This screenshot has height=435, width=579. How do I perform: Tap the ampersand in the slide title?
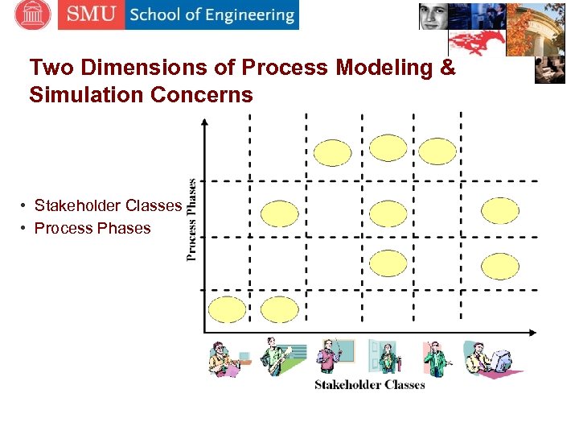click(447, 68)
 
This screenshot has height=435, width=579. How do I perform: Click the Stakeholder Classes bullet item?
click(108, 205)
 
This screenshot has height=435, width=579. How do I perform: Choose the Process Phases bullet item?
click(92, 228)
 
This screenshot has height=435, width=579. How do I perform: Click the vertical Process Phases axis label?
click(192, 219)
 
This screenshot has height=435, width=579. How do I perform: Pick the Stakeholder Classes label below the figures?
click(369, 385)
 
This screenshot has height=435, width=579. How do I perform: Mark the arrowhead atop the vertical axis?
click(204, 122)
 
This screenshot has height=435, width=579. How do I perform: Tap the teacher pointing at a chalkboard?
click(334, 357)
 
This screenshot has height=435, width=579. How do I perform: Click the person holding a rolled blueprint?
click(281, 357)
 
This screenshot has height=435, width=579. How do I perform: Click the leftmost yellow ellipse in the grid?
click(227, 309)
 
